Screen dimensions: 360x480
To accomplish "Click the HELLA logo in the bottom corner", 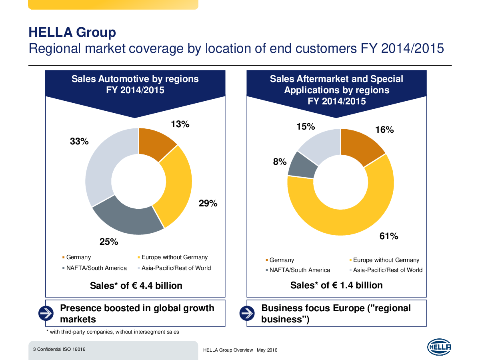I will pyautogui.click(x=439, y=347).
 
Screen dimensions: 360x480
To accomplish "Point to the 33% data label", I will pyautogui.click(x=79, y=141).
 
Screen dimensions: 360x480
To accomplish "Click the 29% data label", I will pyautogui.click(x=208, y=203).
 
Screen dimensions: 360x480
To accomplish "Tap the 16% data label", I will pyautogui.click(x=384, y=130).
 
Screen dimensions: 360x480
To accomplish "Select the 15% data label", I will pyautogui.click(x=306, y=127).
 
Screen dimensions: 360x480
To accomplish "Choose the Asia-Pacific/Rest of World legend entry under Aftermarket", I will pyautogui.click(x=387, y=270).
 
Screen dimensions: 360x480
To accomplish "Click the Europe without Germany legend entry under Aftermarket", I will pyautogui.click(x=386, y=260).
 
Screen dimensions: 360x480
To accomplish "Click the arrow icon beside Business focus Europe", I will pyautogui.click(x=247, y=313).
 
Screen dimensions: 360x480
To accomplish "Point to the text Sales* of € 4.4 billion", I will pyautogui.click(x=136, y=286).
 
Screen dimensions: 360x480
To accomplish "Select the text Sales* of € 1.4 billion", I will pyautogui.click(x=336, y=285).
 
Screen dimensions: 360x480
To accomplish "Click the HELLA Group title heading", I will pyautogui.click(x=72, y=32).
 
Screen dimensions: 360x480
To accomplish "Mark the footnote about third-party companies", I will pyautogui.click(x=113, y=332).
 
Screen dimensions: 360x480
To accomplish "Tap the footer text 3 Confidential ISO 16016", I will pyautogui.click(x=59, y=349).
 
